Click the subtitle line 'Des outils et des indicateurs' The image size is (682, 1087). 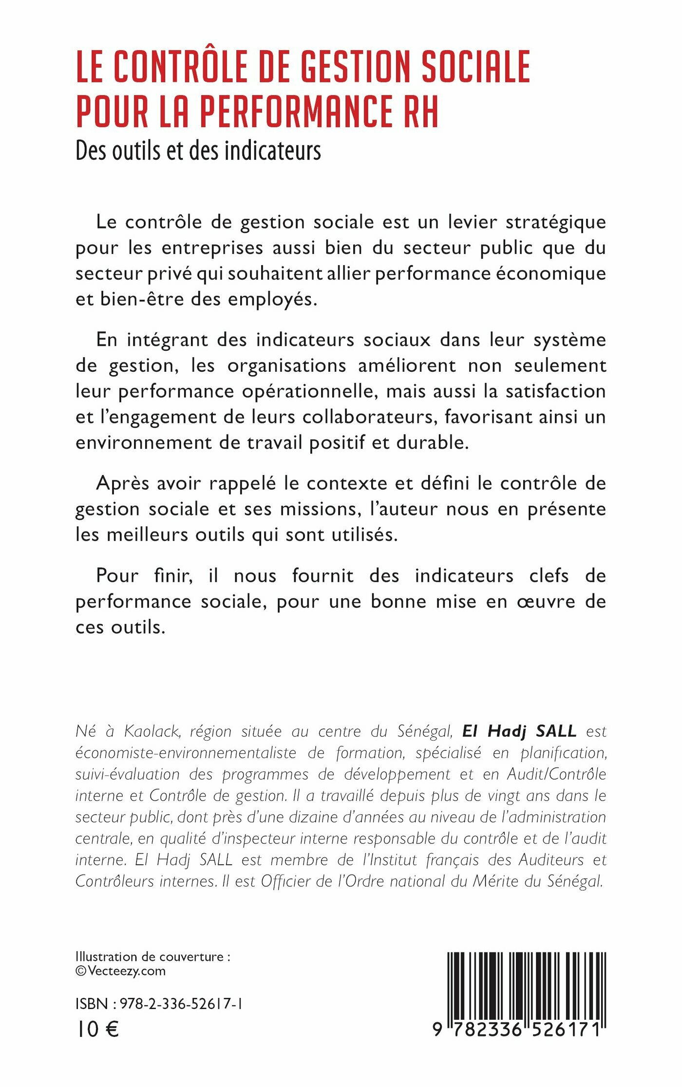pyautogui.click(x=198, y=151)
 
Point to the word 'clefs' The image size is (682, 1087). pyautogui.click(x=549, y=576)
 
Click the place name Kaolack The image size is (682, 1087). pyautogui.click(x=151, y=731)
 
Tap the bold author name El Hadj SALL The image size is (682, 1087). pyautogui.click(x=519, y=731)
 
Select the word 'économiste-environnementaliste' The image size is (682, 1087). pyautogui.click(x=186, y=753)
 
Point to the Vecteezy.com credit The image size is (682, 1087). pyautogui.click(x=126, y=971)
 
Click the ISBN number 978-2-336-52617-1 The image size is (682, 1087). pyautogui.click(x=181, y=1004)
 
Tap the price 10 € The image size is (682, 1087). pyautogui.click(x=97, y=1029)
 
